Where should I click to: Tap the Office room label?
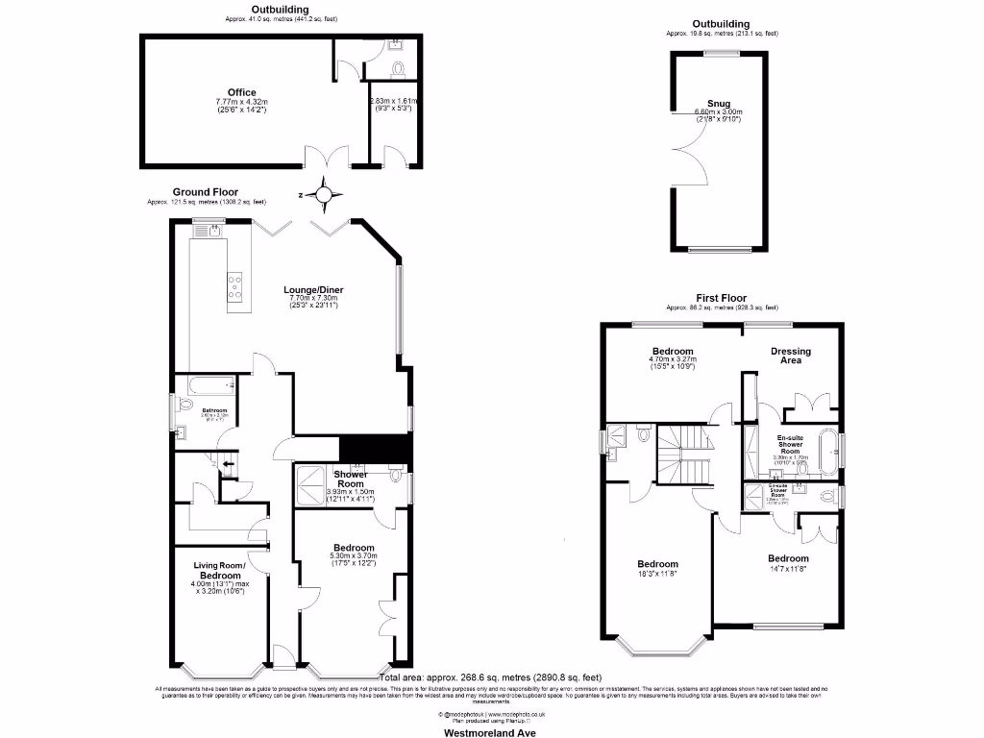coord(235,93)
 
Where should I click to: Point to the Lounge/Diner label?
coord(313,289)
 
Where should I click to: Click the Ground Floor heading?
coord(206,192)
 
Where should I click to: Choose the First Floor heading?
coord(720,298)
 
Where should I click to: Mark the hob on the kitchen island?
coord(234,285)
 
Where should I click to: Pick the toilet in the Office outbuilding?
coord(400,67)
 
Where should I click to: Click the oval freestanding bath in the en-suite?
coord(824,453)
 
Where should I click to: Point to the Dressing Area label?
coord(791,357)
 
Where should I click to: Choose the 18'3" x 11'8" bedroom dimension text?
coord(658,574)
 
